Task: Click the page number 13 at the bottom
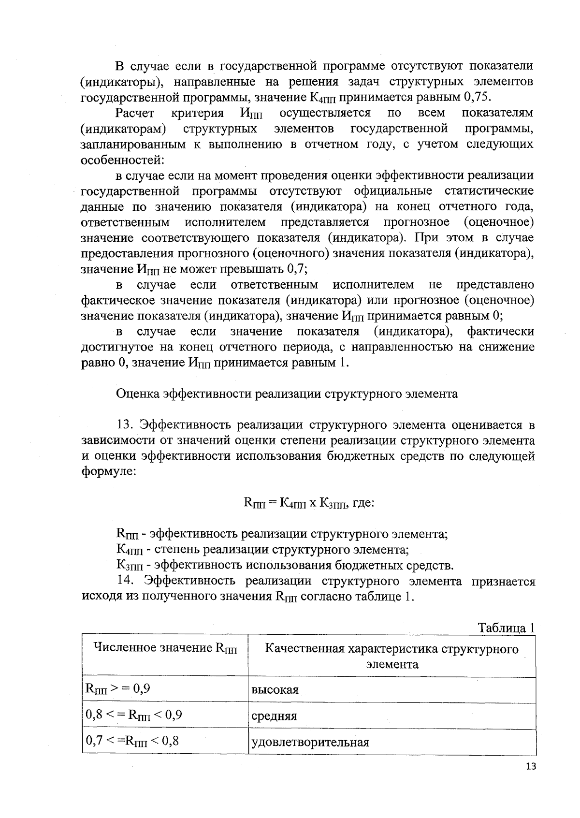click(530, 767)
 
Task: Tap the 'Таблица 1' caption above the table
click(506, 628)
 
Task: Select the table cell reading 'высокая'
click(275, 690)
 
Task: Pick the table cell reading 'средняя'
click(274, 716)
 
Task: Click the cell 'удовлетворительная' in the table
click(310, 742)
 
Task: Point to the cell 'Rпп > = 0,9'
click(117, 688)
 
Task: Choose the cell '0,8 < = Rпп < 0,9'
click(133, 715)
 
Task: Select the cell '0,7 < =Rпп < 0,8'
click(132, 741)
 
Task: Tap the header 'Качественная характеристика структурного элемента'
click(391, 656)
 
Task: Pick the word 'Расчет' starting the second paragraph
click(135, 113)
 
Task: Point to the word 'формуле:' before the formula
click(108, 471)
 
